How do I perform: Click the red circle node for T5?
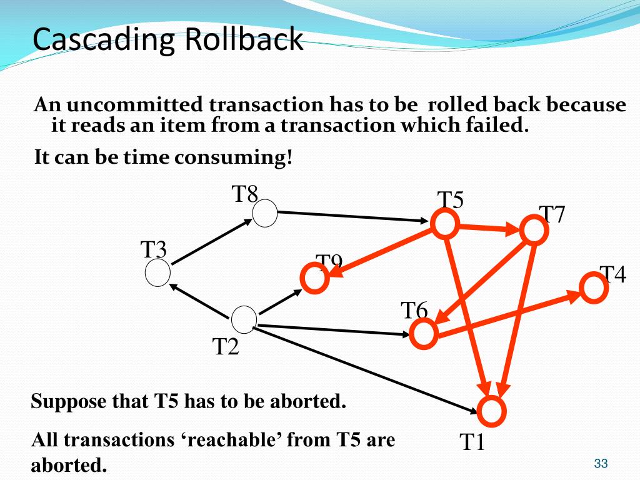tap(444, 224)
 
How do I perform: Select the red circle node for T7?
tap(534, 230)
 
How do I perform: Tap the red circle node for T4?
tap(591, 287)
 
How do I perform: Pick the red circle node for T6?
tap(424, 334)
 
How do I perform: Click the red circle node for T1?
tap(492, 410)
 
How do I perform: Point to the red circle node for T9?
tap(314, 279)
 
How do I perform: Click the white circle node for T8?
tap(265, 214)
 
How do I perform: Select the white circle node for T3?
tap(157, 274)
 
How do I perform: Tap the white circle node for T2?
tap(244, 319)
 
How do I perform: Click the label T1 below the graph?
tap(472, 442)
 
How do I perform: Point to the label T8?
tap(245, 194)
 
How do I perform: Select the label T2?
tap(226, 346)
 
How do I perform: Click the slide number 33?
tap(601, 463)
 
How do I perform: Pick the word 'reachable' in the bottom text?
tap(234, 440)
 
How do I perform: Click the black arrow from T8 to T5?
tap(350, 216)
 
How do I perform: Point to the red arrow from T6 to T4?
tap(506, 316)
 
